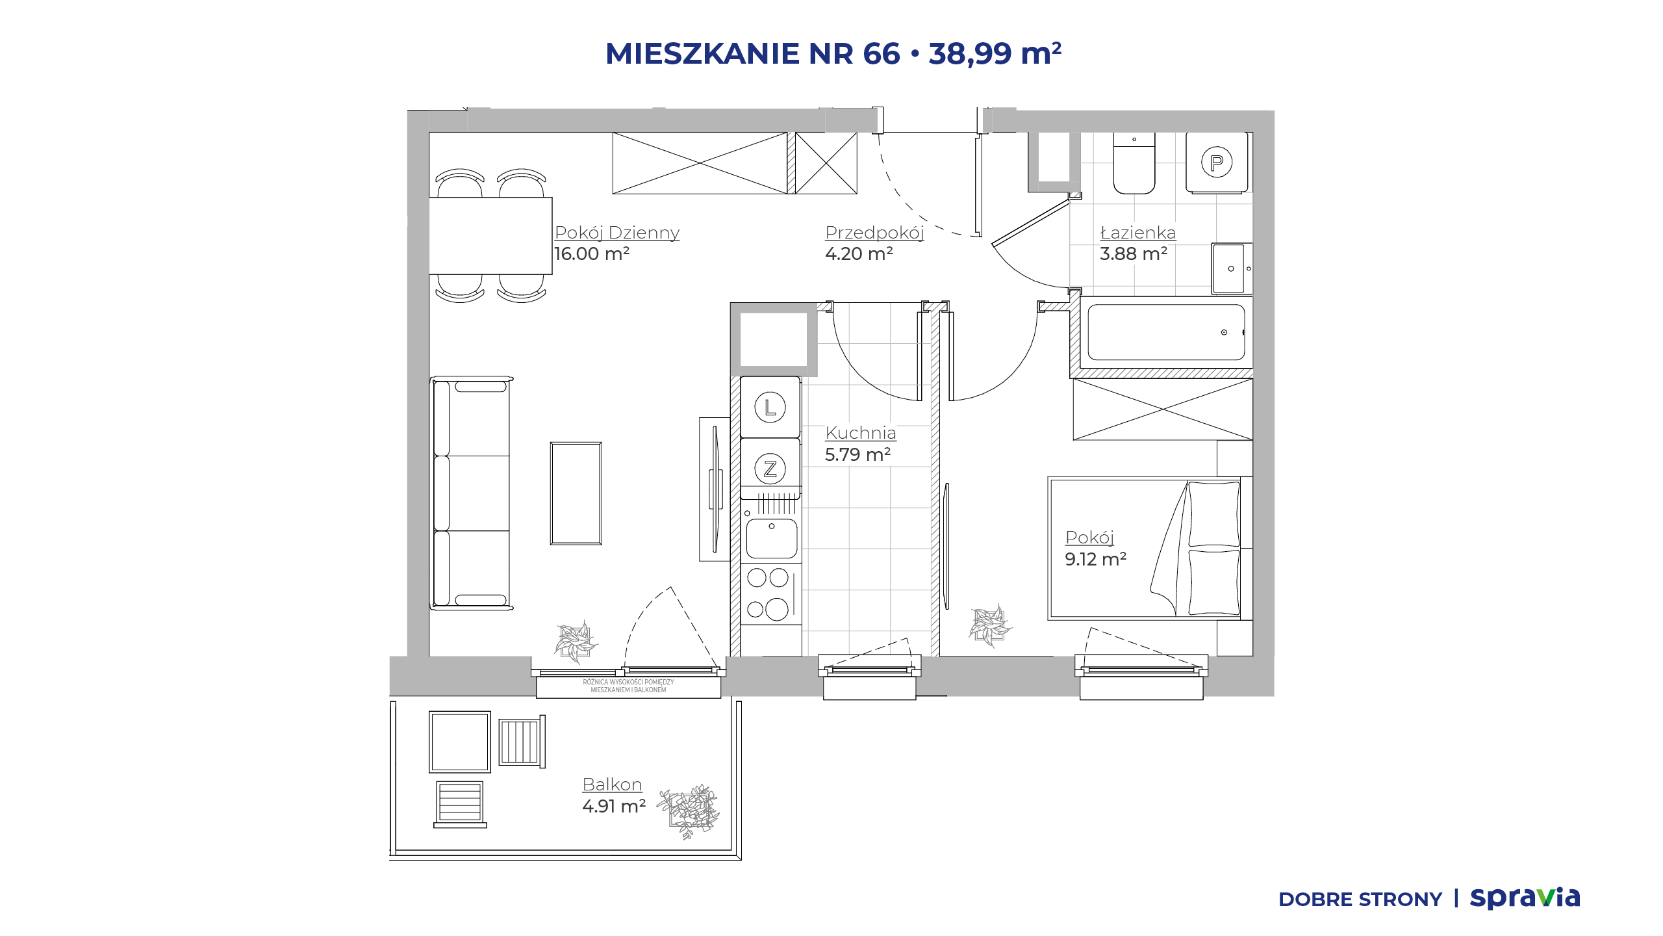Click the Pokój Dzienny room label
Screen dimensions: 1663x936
tap(616, 233)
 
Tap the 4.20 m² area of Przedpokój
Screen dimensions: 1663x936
tap(859, 253)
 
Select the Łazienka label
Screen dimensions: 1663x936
tap(1137, 233)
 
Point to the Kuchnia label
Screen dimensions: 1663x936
tap(861, 433)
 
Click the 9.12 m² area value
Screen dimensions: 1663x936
tap(1095, 559)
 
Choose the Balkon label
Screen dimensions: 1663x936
tap(612, 785)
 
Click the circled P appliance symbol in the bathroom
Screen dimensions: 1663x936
tap(1217, 162)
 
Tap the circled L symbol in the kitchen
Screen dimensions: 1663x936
tap(770, 408)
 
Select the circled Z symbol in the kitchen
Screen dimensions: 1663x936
tap(770, 469)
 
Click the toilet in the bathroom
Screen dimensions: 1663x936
tap(1134, 163)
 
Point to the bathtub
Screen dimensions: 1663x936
tap(1166, 332)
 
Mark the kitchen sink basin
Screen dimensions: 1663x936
tap(772, 538)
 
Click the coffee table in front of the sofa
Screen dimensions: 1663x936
tap(576, 493)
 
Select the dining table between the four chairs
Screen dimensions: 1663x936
tap(490, 236)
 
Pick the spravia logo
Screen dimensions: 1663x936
tap(1525, 898)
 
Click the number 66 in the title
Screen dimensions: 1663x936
tap(882, 53)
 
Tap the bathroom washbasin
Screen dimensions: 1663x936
tap(1232, 268)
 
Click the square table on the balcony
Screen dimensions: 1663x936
tap(460, 742)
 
